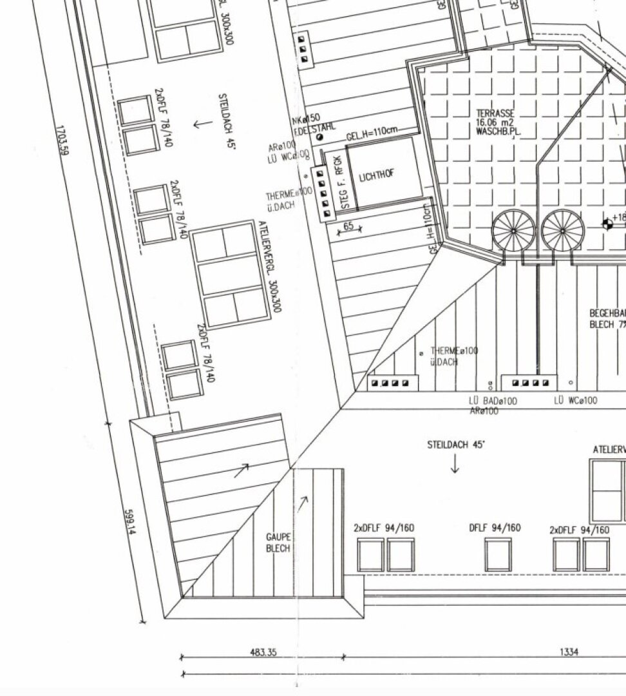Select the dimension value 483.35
263,652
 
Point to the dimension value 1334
568,652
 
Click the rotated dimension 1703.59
63,140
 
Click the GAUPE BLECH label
278,543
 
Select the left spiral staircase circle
513,230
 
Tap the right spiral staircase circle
562,230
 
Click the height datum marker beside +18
606,224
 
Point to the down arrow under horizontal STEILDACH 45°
455,463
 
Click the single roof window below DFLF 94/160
498,555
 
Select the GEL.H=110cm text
372,137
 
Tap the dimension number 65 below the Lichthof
348,226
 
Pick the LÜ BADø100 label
492,401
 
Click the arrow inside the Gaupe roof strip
302,499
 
